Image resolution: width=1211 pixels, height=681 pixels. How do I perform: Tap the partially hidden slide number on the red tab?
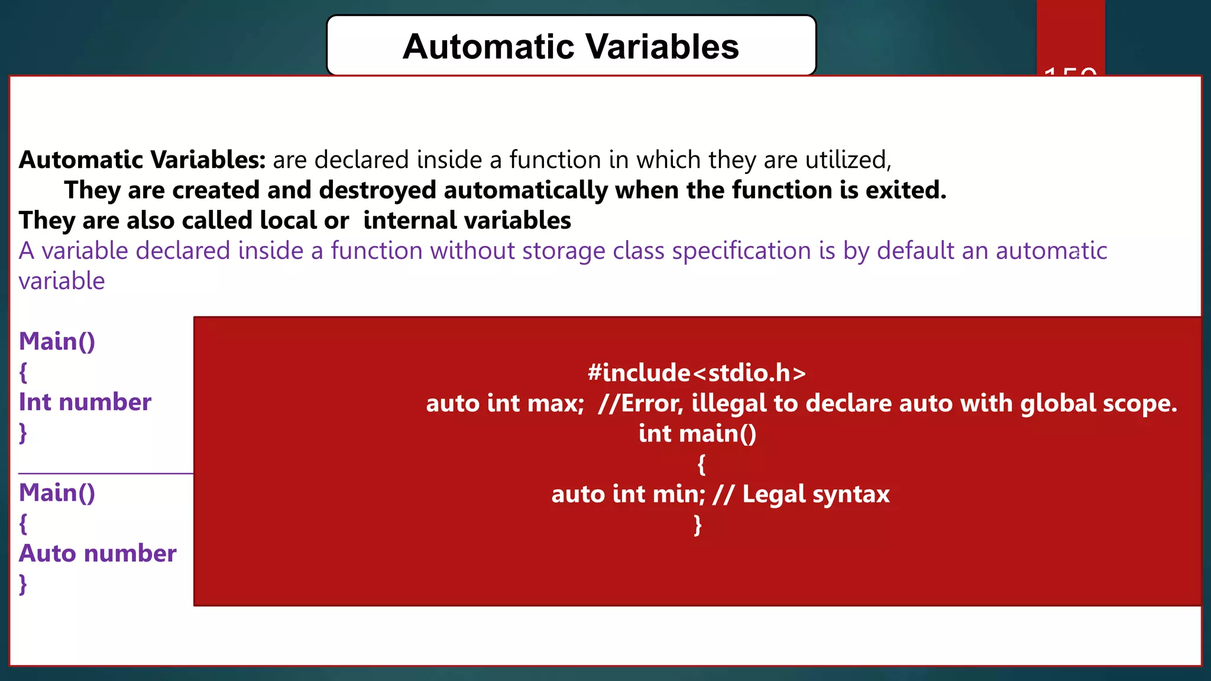pyautogui.click(x=1070, y=72)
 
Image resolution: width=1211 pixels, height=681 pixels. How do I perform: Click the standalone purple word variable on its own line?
pyautogui.click(x=61, y=281)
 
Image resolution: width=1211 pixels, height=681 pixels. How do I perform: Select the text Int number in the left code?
pyautogui.click(x=85, y=402)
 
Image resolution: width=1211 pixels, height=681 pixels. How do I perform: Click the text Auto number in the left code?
pyautogui.click(x=98, y=553)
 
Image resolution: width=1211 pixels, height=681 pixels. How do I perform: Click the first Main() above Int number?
pyautogui.click(x=57, y=342)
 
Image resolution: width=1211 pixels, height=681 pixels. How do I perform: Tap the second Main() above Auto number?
pyautogui.click(x=57, y=493)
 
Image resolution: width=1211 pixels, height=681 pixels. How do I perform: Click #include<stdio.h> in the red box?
pyautogui.click(x=697, y=373)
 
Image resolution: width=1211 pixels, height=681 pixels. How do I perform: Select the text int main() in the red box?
pyautogui.click(x=697, y=433)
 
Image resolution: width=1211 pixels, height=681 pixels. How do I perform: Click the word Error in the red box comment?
pyautogui.click(x=651, y=403)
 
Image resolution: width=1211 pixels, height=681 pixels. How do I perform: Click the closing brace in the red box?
pyautogui.click(x=698, y=524)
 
